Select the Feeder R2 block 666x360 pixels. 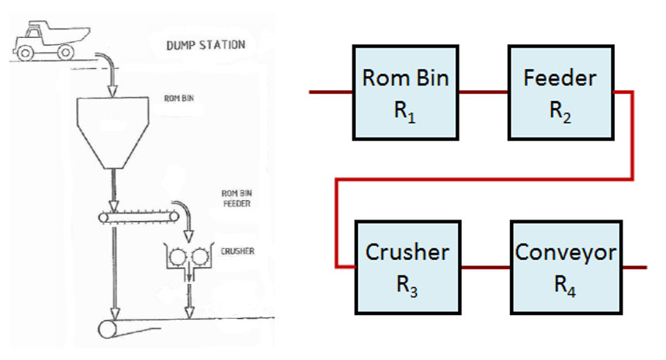(560, 92)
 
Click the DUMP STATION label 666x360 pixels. (206, 44)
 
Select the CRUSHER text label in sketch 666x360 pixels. (238, 251)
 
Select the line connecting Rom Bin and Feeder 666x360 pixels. (482, 92)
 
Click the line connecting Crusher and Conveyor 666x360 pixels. (486, 267)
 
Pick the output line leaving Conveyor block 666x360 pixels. (636, 267)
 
